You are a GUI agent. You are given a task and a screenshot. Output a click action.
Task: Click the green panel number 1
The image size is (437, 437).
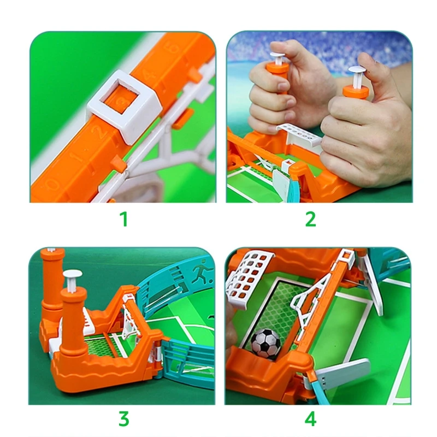124,219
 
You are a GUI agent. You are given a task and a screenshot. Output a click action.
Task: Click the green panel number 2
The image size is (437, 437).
311,219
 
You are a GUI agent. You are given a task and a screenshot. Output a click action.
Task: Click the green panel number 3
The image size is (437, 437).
124,418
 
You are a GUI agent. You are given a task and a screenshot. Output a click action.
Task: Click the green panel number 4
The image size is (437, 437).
311,418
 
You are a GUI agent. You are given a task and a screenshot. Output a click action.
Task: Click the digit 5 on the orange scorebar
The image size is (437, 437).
173,48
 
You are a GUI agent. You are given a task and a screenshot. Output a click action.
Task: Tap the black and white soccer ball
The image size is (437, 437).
265,343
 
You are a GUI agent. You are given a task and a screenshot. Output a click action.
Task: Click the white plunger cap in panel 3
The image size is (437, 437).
73,274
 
